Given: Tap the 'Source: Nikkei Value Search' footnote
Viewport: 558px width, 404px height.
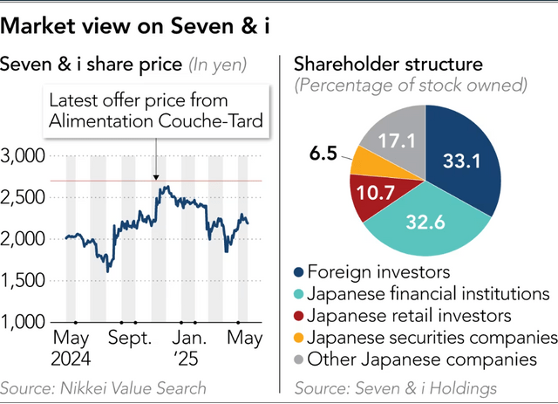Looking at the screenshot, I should pyautogui.click(x=104, y=387).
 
